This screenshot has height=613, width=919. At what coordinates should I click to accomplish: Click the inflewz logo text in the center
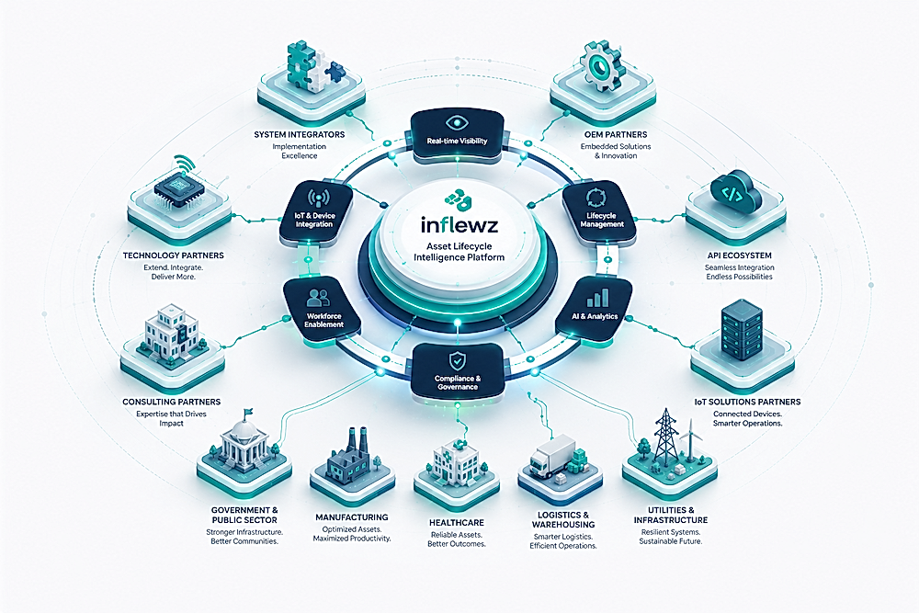(x=459, y=225)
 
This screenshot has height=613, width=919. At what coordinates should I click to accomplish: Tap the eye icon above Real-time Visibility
(x=457, y=123)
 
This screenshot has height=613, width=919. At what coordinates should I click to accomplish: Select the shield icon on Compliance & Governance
(x=457, y=360)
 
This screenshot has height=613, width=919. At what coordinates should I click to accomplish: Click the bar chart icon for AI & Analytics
(x=598, y=298)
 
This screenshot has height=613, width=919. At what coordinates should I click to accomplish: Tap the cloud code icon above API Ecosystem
(x=735, y=193)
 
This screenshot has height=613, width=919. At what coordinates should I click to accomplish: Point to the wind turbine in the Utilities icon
(x=692, y=437)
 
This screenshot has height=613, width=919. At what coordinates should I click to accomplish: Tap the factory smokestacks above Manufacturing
(x=357, y=440)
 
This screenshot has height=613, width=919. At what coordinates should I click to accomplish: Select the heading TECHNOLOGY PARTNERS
(x=173, y=255)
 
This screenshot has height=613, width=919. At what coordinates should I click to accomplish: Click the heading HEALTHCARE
(x=457, y=522)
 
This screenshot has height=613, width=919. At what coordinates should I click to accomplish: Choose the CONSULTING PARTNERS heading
(x=171, y=402)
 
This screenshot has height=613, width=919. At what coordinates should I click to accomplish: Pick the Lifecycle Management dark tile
(x=599, y=213)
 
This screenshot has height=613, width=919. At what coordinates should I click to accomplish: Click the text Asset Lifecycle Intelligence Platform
(x=459, y=252)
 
